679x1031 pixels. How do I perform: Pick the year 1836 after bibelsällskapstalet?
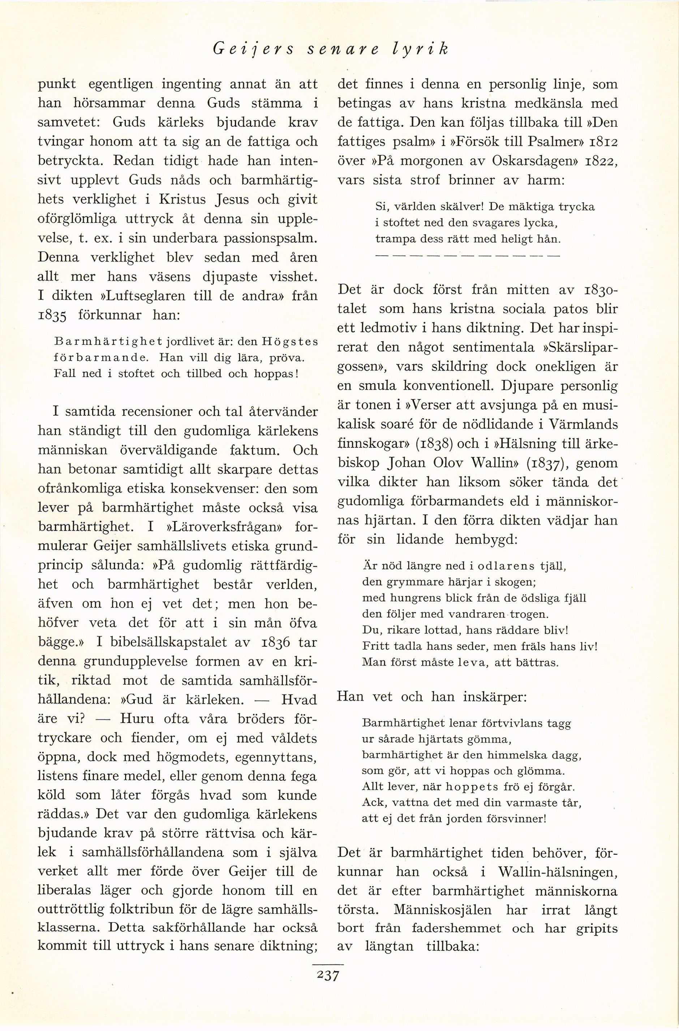(273, 642)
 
